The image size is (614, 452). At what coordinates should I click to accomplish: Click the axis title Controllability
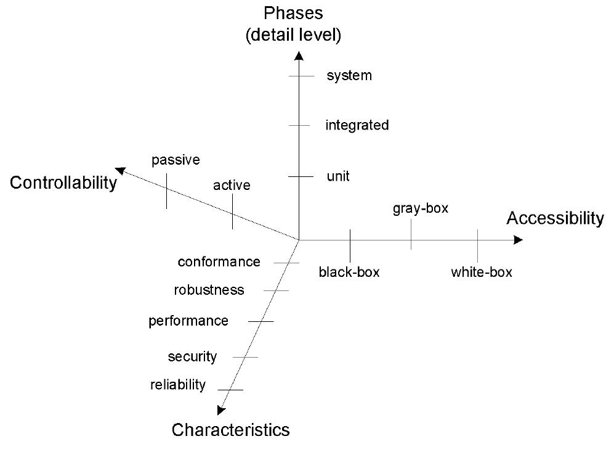click(63, 183)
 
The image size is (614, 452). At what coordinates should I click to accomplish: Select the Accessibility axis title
click(555, 218)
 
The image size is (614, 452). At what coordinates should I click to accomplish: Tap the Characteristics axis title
click(230, 429)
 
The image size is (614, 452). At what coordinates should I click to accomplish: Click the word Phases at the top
click(293, 13)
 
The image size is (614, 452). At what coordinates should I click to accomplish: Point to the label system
click(349, 76)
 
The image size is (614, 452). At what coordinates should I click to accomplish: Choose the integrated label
click(357, 125)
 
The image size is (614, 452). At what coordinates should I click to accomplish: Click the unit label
click(338, 176)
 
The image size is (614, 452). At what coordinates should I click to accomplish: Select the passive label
click(176, 160)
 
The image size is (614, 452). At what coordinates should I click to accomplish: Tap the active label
click(232, 185)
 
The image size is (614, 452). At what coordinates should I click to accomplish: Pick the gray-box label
click(421, 208)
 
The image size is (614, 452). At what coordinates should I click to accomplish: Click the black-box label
click(349, 272)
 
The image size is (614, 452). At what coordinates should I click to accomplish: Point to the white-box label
click(482, 272)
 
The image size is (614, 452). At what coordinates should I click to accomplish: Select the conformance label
click(219, 262)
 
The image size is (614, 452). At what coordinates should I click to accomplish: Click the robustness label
click(209, 290)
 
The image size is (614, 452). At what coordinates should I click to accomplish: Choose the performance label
click(188, 321)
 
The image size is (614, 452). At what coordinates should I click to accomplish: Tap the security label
click(192, 356)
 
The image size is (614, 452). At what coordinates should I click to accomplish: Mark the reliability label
click(178, 385)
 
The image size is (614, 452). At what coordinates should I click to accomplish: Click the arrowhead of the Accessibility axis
click(518, 239)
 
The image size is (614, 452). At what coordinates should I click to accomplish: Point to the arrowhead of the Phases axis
click(299, 56)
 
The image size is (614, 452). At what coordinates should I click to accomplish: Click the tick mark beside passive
click(166, 191)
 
